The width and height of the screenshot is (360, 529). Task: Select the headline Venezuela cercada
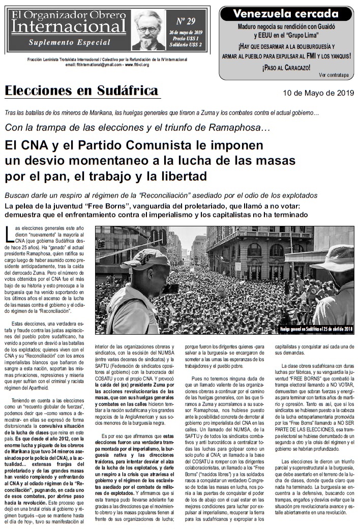(285, 14)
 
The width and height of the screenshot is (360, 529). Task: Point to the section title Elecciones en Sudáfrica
(81, 91)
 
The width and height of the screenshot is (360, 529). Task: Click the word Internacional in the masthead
(69, 26)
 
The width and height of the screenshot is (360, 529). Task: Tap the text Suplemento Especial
(69, 42)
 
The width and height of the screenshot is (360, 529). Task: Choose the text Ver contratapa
(334, 75)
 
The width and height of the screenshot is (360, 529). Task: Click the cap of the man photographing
(144, 259)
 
